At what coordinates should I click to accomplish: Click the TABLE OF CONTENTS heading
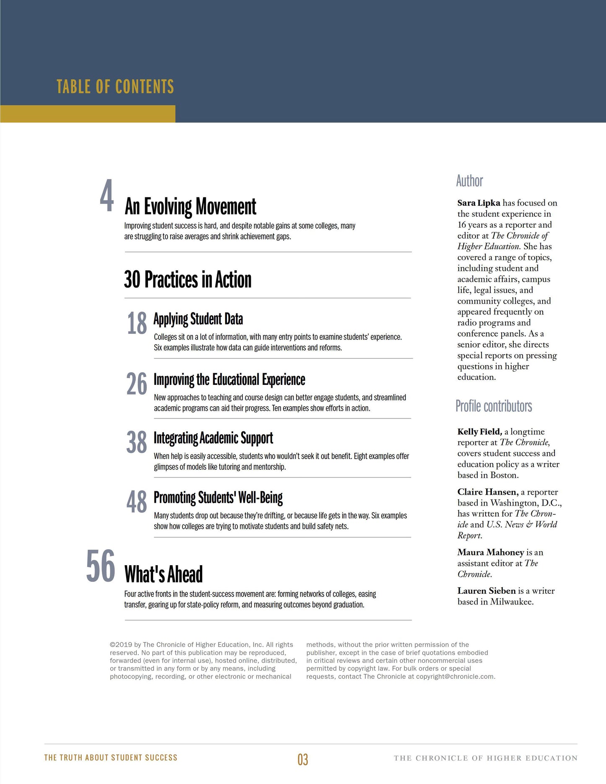click(115, 87)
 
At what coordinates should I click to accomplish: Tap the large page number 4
click(107, 196)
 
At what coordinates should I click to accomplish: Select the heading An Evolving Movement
click(190, 207)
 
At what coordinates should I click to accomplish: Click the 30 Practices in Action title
click(187, 280)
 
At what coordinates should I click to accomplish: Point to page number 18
click(137, 323)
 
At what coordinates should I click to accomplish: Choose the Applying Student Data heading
click(198, 319)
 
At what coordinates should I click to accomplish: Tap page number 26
click(137, 384)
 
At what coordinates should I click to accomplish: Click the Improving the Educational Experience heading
click(229, 379)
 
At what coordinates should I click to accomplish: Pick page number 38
click(137, 442)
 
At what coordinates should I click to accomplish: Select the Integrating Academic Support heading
click(213, 438)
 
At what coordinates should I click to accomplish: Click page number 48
click(137, 502)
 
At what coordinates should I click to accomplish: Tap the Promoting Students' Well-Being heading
click(218, 498)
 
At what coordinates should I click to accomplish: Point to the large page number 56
click(101, 566)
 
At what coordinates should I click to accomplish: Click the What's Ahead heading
click(164, 574)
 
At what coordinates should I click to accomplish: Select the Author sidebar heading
click(469, 181)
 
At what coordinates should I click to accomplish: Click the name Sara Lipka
click(479, 203)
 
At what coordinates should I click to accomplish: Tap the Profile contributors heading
click(494, 406)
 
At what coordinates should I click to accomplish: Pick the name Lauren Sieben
click(486, 591)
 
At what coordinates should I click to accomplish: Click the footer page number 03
click(303, 759)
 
